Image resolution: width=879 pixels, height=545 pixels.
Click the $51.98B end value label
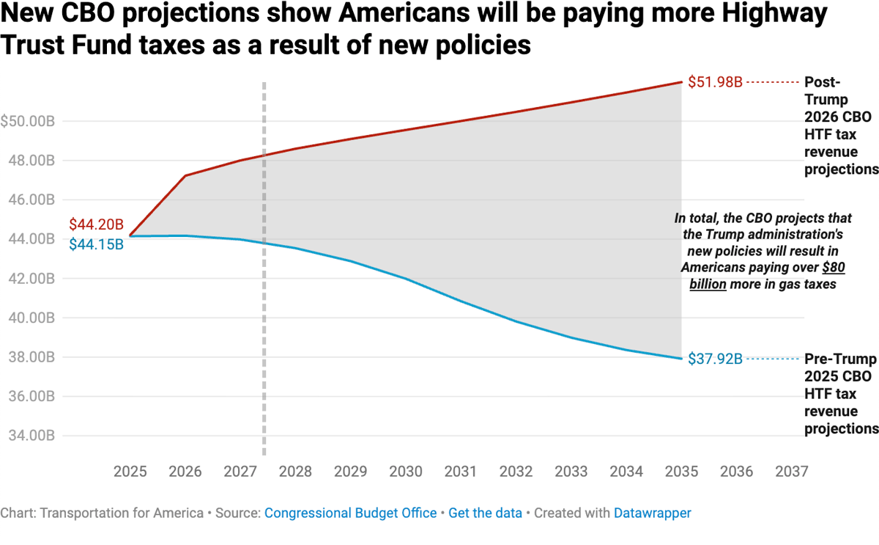pos(715,82)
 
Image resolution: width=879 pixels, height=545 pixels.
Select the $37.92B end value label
pos(715,359)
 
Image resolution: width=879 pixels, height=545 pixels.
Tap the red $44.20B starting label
pos(96,224)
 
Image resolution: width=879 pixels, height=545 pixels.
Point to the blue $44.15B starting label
pos(96,244)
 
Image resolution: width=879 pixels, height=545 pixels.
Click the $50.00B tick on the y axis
pos(28,121)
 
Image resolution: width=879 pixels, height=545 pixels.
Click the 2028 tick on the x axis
pos(296,471)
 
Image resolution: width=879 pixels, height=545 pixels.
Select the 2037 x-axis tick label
pos(791,471)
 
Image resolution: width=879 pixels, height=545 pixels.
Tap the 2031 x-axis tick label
pos(461,471)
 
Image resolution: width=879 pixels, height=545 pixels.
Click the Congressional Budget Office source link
pos(350,513)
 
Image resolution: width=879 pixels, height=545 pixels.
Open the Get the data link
pos(485,513)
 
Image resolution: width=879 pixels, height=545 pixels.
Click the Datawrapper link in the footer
pos(652,513)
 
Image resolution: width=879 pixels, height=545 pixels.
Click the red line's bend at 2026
pos(185,176)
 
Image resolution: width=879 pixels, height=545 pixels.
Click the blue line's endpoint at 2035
pos(681,359)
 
